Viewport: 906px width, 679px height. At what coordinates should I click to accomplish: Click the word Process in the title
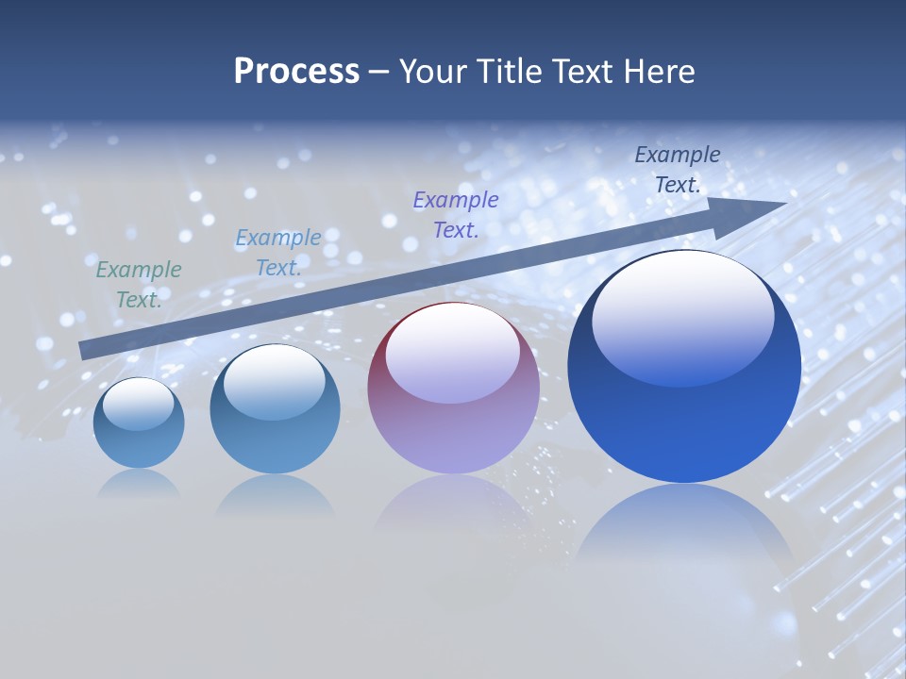point(296,72)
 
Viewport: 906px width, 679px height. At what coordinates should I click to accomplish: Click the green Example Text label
point(139,285)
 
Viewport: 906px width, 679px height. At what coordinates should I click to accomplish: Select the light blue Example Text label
point(278,253)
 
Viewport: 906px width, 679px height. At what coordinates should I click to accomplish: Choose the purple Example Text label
point(456,214)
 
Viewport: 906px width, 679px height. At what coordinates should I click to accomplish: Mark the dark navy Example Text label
point(678,170)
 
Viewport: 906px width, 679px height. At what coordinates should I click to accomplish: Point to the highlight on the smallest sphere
point(138,404)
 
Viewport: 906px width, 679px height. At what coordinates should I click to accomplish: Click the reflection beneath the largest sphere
point(684,528)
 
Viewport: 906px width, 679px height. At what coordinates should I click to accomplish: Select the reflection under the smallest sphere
point(139,483)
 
